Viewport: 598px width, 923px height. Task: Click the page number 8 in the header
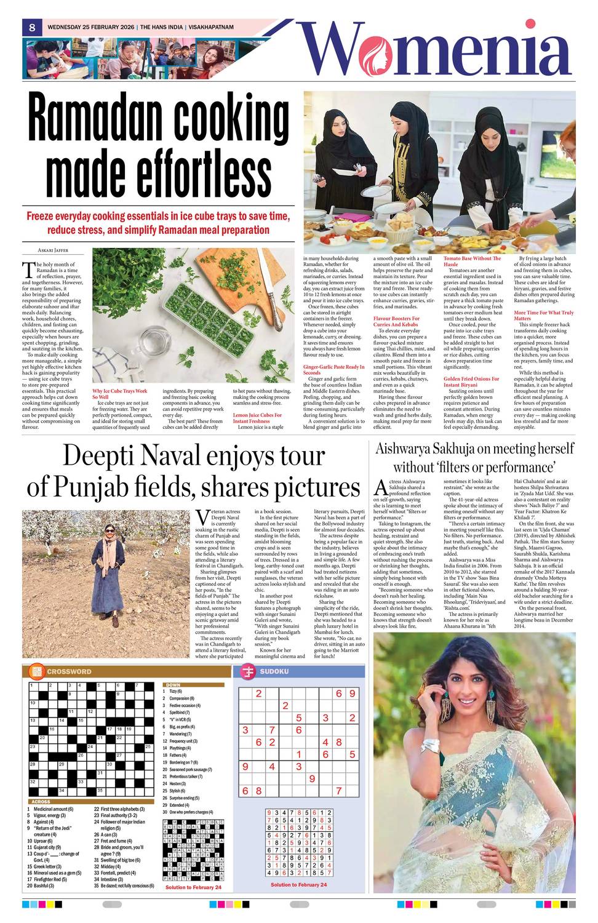tap(31, 27)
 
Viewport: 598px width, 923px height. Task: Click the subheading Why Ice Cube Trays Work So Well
tap(120, 394)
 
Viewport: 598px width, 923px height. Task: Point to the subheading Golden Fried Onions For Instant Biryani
tap(471, 382)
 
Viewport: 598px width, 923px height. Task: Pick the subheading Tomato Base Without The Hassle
tap(472, 261)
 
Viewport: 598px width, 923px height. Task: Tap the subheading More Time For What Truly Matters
tap(543, 316)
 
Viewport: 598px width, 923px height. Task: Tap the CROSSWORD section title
tap(69, 671)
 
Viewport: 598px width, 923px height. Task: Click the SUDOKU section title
tap(274, 671)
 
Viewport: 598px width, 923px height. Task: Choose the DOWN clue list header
tap(173, 684)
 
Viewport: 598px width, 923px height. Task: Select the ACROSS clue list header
tap(41, 802)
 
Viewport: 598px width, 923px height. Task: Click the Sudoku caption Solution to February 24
tap(298, 884)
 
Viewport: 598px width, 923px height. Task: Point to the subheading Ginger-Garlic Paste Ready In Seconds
tap(333, 369)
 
